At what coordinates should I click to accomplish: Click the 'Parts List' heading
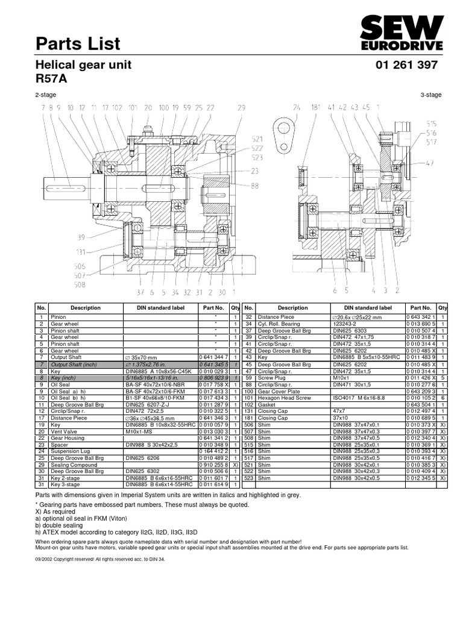pyautogui.click(x=78, y=43)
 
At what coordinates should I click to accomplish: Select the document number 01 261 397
pyautogui.click(x=406, y=65)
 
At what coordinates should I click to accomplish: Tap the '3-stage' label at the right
pyautogui.click(x=431, y=95)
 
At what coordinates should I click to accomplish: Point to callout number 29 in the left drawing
pyautogui.click(x=241, y=108)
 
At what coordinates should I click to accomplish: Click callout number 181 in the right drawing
pyautogui.click(x=315, y=108)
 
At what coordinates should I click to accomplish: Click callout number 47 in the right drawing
pyautogui.click(x=430, y=163)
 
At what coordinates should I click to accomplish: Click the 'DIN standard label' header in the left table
pyautogui.click(x=160, y=308)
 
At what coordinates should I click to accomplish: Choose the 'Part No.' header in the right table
pyautogui.click(x=421, y=308)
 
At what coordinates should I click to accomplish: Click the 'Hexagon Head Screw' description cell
pyautogui.click(x=283, y=398)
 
